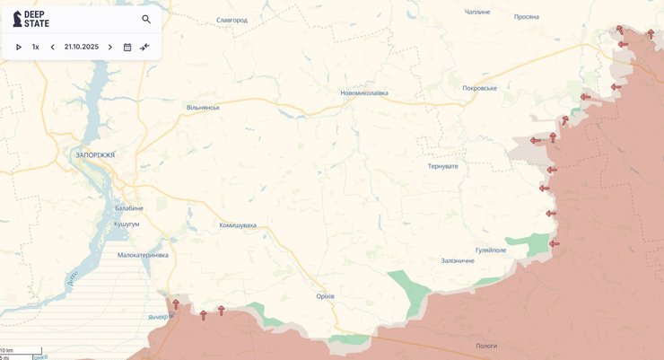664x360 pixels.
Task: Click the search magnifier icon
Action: [x=146, y=19]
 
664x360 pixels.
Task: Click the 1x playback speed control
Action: [x=36, y=47]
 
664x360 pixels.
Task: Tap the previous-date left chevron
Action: [x=52, y=47]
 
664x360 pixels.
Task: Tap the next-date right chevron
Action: [x=110, y=47]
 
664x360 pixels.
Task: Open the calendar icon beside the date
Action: [x=127, y=47]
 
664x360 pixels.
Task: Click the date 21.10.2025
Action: [x=82, y=47]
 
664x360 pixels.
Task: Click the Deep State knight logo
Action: [x=17, y=19]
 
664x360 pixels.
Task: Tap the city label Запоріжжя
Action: [x=95, y=155]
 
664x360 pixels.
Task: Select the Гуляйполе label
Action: [x=491, y=250]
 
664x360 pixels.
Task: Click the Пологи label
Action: [x=486, y=346]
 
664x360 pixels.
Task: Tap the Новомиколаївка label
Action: [x=364, y=92]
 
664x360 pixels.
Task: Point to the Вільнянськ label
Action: [x=203, y=108]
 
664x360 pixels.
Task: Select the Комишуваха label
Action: [x=238, y=225]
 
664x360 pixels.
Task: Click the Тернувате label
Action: [x=442, y=166]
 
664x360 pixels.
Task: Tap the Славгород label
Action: [x=232, y=20]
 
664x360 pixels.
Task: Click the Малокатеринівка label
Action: [x=143, y=255]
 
